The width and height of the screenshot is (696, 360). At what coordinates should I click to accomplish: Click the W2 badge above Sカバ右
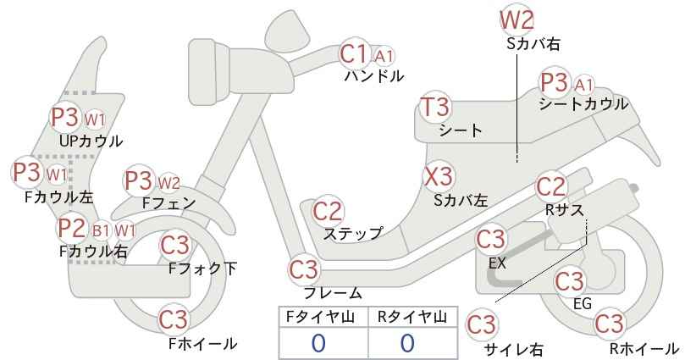[x=517, y=20]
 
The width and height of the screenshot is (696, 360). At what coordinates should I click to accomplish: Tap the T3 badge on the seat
[x=436, y=106]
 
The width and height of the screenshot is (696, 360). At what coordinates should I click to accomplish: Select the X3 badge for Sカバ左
[x=439, y=176]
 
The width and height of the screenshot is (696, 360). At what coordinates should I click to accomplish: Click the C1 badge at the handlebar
[x=354, y=53]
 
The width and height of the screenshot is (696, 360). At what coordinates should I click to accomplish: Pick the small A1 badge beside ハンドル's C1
[x=384, y=56]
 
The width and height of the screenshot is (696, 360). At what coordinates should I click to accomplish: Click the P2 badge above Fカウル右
[x=72, y=228]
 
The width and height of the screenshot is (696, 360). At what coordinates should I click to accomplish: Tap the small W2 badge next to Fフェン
[x=169, y=182]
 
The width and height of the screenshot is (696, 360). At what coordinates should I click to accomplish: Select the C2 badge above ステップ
[x=328, y=211]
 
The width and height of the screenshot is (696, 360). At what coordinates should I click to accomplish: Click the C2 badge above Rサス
[x=551, y=186]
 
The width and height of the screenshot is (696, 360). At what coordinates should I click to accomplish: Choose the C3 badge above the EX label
[x=490, y=239]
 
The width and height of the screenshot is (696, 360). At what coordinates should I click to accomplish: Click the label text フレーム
[x=333, y=293]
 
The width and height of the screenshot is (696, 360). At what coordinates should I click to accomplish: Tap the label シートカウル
[x=583, y=104]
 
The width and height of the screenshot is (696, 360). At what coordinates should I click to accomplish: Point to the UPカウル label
[x=91, y=141]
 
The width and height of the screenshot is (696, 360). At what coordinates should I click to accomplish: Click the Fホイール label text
[x=203, y=344]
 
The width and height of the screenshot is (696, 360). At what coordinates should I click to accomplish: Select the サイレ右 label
[x=514, y=350]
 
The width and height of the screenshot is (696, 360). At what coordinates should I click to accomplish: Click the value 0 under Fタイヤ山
[x=318, y=343]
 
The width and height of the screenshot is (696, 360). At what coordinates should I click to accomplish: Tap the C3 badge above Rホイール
[x=609, y=324]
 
